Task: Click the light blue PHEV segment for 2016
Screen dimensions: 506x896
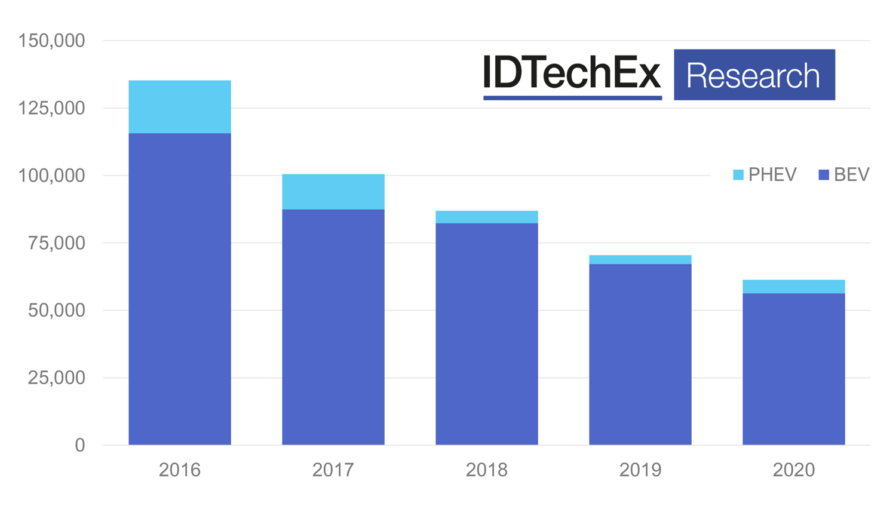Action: [x=180, y=107]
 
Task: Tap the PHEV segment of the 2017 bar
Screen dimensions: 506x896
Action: [x=333, y=192]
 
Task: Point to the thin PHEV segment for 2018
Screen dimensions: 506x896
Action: [x=487, y=217]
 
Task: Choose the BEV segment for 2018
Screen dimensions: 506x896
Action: [x=487, y=334]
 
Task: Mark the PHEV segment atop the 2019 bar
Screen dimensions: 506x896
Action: [x=640, y=260]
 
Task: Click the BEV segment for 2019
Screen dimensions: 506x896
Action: [x=640, y=354]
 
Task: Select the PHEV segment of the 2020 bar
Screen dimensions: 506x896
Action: [x=794, y=287]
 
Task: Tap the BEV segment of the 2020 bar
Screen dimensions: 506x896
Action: [x=794, y=369]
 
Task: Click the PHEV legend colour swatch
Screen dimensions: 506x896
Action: [x=738, y=175]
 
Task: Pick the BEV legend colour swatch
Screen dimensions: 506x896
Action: [x=824, y=175]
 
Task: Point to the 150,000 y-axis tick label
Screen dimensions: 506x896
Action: [x=52, y=41]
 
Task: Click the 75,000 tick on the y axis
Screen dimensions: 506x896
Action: [x=57, y=243]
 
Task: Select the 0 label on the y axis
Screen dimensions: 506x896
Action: [x=80, y=445]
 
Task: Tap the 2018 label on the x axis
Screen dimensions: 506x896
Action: [x=487, y=470]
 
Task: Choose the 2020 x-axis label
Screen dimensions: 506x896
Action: [x=794, y=470]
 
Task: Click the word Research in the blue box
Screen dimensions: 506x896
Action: [x=753, y=76]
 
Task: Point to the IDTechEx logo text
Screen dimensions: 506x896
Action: [x=572, y=73]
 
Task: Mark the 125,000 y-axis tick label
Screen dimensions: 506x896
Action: [x=52, y=108]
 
